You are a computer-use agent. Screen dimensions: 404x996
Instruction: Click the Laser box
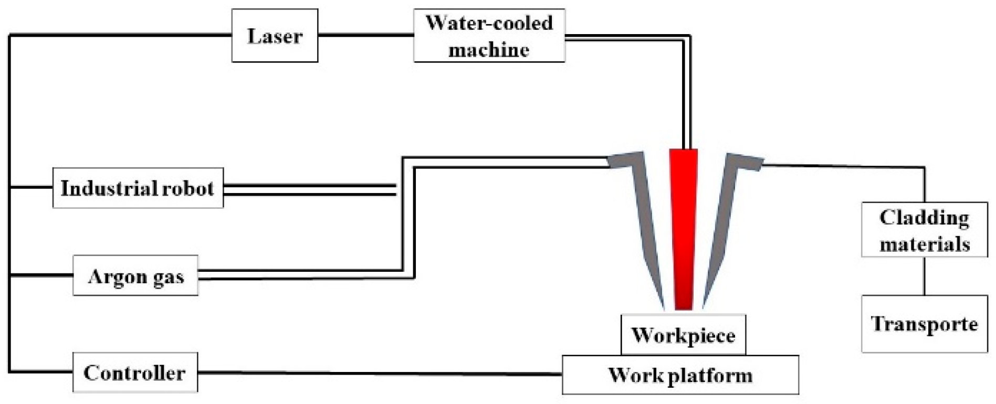click(x=275, y=36)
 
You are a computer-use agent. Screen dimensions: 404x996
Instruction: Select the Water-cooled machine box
click(x=489, y=36)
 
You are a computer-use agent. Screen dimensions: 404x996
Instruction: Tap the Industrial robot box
click(x=138, y=188)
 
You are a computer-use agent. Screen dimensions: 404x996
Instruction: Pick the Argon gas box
click(x=135, y=276)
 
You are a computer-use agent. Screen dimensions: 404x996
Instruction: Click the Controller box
click(x=135, y=373)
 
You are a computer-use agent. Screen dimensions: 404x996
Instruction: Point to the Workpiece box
click(x=683, y=335)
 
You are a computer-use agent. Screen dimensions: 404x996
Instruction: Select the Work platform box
click(x=680, y=375)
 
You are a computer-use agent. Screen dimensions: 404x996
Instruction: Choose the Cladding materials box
click(x=924, y=230)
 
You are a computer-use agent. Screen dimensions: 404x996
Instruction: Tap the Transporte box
click(x=924, y=324)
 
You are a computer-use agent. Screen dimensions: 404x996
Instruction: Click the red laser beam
click(x=683, y=231)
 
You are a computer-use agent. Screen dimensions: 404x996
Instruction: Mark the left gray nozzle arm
click(x=643, y=220)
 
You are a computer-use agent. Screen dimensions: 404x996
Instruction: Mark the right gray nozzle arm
click(x=725, y=220)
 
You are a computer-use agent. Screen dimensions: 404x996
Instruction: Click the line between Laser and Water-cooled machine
click(x=365, y=36)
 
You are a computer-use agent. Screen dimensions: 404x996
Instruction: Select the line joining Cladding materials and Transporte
click(x=924, y=276)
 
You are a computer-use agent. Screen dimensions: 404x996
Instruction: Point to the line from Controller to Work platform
click(x=378, y=374)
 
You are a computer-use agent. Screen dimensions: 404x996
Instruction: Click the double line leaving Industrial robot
click(x=310, y=190)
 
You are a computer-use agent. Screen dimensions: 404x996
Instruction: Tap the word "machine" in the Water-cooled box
click(x=489, y=50)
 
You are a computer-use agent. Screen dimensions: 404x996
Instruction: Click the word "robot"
click(x=187, y=188)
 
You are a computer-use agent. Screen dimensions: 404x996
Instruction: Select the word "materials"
click(x=924, y=244)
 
